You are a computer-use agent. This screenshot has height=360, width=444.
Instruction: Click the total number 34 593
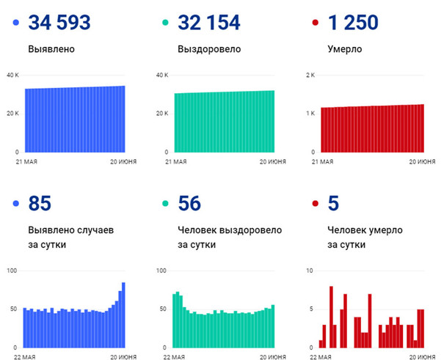(x=59, y=23)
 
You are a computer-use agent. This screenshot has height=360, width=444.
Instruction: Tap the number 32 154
(x=208, y=23)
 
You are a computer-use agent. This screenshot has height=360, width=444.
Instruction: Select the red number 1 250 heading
(x=353, y=23)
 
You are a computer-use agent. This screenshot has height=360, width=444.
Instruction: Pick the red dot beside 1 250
(x=314, y=23)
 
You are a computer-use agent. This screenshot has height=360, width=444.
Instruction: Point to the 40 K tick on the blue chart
(x=12, y=75)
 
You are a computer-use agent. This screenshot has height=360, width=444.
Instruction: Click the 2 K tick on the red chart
(x=310, y=75)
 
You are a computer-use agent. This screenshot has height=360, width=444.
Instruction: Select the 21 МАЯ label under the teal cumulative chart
(x=175, y=161)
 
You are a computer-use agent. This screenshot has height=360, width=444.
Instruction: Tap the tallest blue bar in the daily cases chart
(x=123, y=315)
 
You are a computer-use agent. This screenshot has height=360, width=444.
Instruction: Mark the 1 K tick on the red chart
(x=310, y=113)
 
